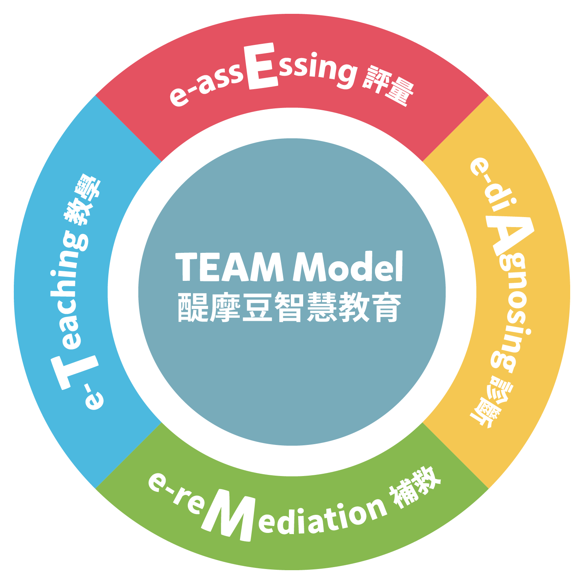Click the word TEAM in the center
[230, 267]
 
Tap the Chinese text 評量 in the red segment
[388, 86]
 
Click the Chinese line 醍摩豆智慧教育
[290, 307]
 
